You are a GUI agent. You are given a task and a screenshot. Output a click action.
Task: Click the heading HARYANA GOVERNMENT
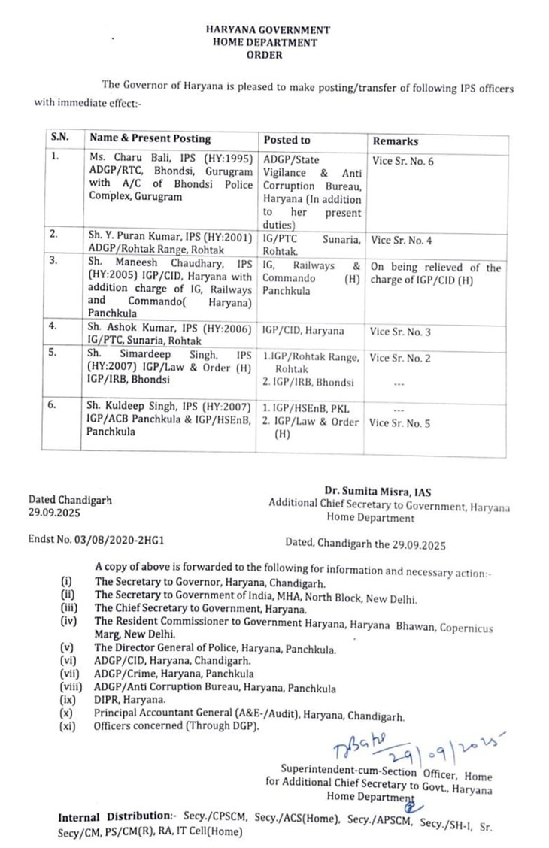click(267, 31)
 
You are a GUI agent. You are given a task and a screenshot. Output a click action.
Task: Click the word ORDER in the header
click(267, 55)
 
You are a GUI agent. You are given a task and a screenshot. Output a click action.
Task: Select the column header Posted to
click(287, 140)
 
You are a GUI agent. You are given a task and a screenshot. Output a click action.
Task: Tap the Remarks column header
click(396, 141)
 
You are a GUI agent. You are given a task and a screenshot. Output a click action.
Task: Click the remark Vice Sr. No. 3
click(399, 332)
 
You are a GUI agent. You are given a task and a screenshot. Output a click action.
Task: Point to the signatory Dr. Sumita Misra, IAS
click(389, 492)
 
